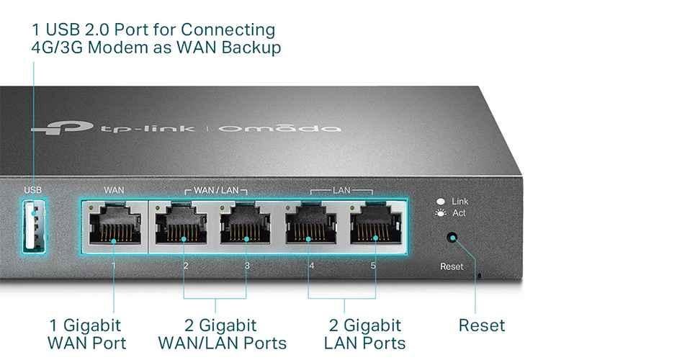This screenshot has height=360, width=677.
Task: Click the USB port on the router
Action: tap(32, 225)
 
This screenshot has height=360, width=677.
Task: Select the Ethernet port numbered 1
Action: tap(114, 226)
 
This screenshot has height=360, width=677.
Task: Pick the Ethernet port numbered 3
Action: tap(246, 226)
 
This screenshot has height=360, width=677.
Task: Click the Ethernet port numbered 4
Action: tap(311, 226)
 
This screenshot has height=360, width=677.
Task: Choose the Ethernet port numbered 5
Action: tap(374, 226)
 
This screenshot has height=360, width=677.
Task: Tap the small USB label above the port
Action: tap(33, 190)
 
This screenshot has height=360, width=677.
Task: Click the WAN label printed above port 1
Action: tap(114, 190)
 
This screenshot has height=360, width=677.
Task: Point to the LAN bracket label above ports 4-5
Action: tap(341, 191)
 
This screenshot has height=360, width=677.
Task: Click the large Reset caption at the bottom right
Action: tap(482, 325)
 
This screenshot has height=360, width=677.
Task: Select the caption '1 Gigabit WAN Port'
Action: tap(86, 334)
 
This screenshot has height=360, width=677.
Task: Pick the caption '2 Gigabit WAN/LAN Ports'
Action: tap(222, 334)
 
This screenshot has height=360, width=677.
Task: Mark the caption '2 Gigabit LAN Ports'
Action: tap(364, 334)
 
